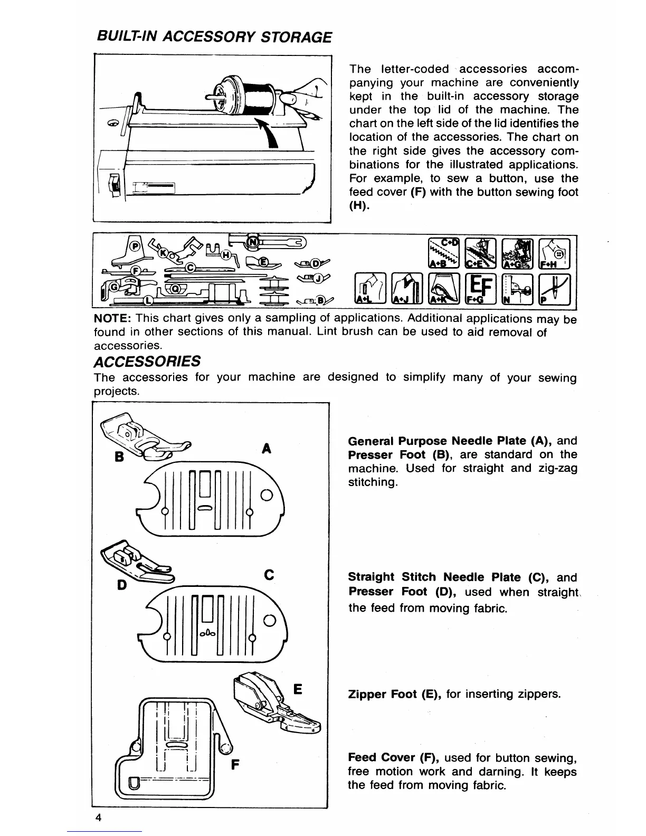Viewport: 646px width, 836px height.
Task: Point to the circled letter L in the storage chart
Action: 148,300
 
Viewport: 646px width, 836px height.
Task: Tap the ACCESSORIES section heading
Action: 147,362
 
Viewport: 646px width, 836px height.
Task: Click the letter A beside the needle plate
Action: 267,449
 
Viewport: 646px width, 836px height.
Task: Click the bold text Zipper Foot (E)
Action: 395,693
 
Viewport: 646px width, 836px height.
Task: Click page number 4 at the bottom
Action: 98,818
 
